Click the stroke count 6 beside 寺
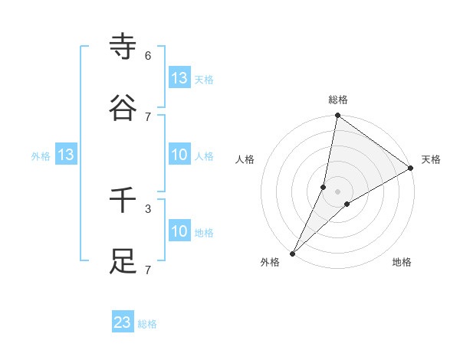[148, 56]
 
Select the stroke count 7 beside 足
[148, 270]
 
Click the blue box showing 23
[123, 322]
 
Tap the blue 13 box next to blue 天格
[179, 78]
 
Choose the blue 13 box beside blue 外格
[66, 155]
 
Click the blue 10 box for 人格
[179, 155]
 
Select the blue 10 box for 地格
[179, 231]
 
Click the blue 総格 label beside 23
[147, 324]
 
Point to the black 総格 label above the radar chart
[338, 100]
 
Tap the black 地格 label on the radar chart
[402, 262]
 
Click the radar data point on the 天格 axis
[411, 169]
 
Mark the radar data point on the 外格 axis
[292, 253]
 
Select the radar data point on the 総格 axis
[337, 116]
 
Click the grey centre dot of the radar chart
[338, 191]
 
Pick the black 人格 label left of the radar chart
[245, 159]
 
